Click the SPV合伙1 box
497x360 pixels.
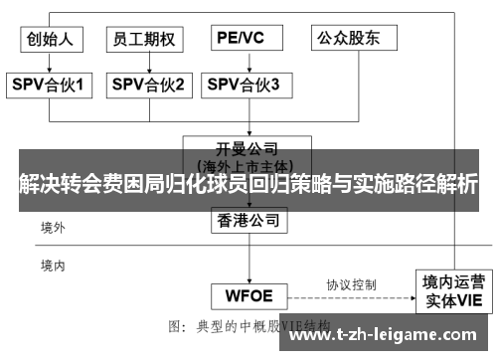[51, 86]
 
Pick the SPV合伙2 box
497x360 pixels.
[148, 86]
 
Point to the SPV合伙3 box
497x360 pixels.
[245, 86]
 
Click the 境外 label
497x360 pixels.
[53, 228]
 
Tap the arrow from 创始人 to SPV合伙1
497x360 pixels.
[51, 62]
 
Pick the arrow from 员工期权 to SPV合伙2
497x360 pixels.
[146, 62]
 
